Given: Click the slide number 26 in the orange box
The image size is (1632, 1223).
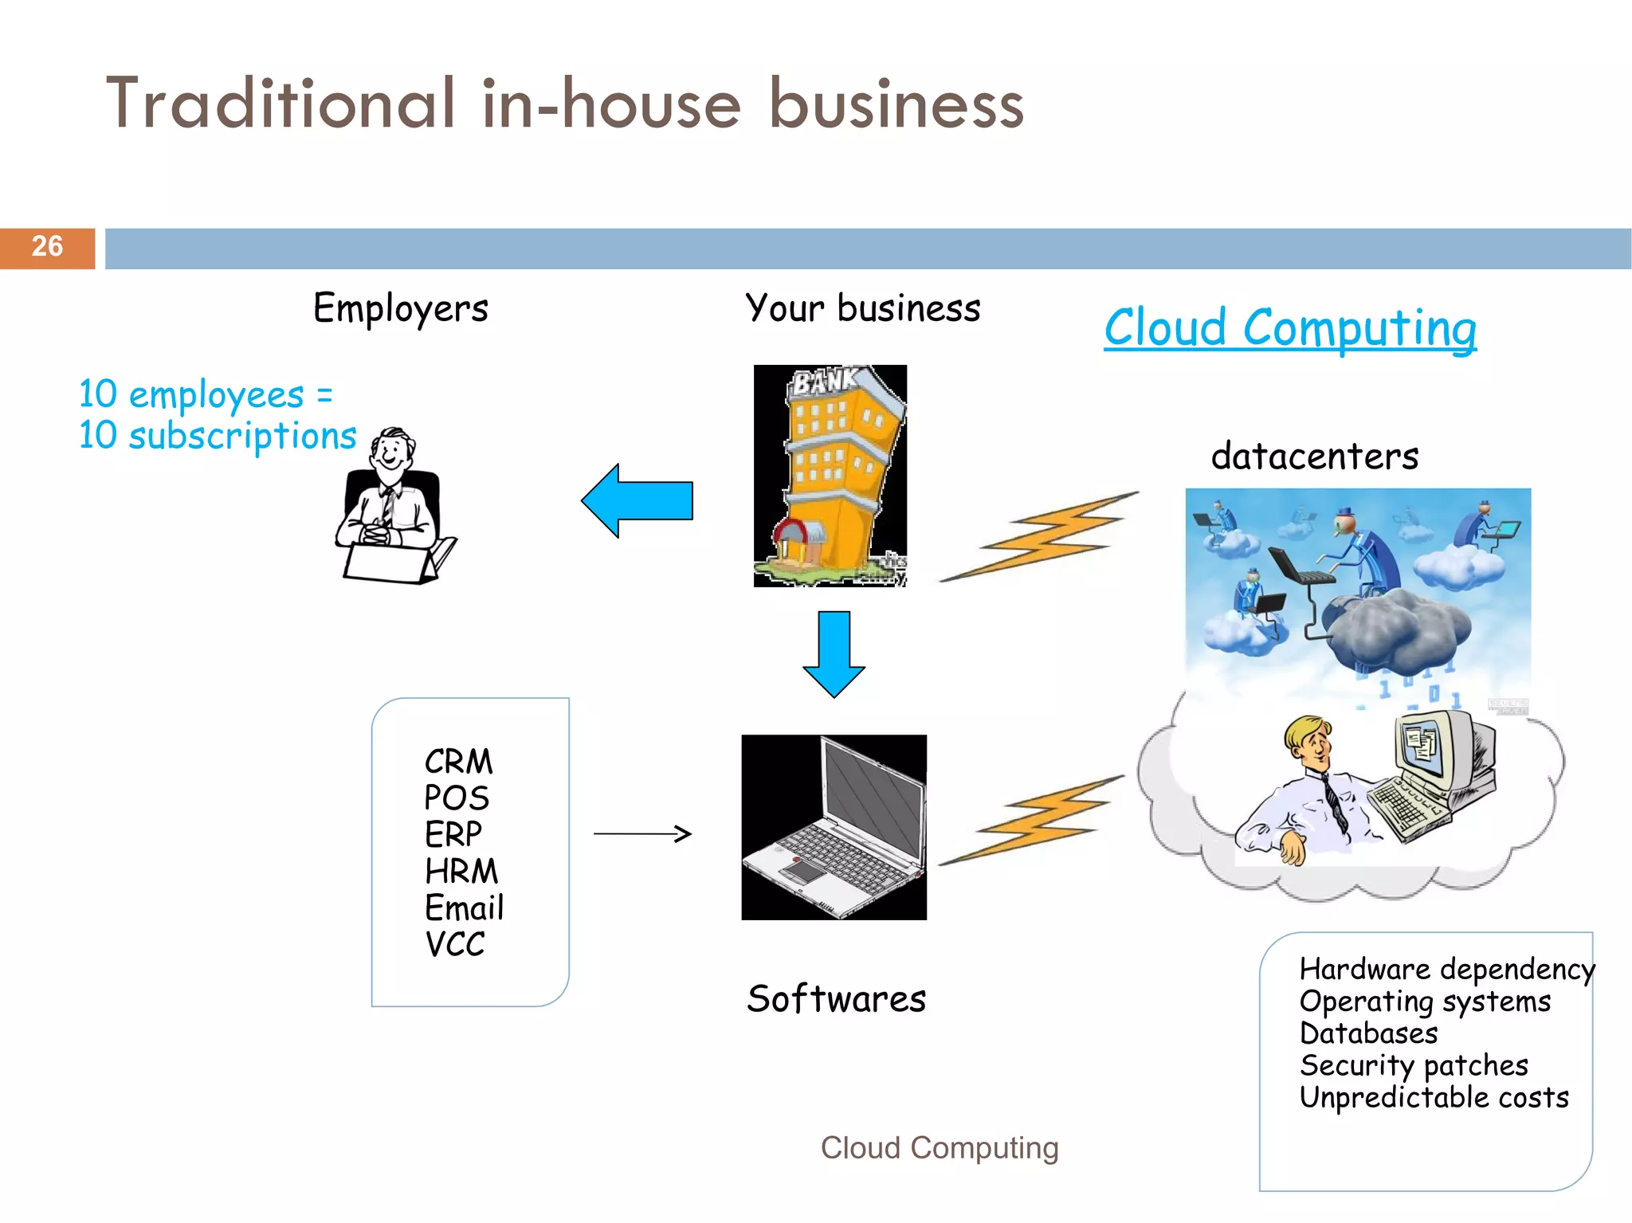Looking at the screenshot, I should click(x=47, y=246).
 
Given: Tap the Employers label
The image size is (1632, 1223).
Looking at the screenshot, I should click(x=400, y=308).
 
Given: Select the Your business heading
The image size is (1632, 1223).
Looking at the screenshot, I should click(x=862, y=308).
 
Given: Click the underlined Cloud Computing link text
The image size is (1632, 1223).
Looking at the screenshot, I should click(x=1289, y=327).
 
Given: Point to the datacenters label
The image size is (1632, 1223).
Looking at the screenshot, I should click(x=1315, y=457).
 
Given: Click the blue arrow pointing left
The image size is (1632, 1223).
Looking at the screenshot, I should click(x=637, y=501).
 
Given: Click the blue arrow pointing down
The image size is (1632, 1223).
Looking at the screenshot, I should click(x=834, y=653).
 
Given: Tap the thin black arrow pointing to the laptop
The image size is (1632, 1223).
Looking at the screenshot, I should click(x=642, y=833).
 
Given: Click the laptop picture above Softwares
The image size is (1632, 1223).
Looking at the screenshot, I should click(x=834, y=827).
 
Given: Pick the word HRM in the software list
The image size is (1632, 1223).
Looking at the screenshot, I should click(x=461, y=871).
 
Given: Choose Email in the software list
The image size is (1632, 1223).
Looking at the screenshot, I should click(x=464, y=907).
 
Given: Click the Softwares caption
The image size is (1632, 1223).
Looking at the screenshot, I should click(x=836, y=999).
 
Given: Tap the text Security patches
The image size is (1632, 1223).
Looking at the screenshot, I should click(x=1414, y=1065).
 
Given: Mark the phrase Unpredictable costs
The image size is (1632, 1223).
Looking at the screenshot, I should click(x=1434, y=1098).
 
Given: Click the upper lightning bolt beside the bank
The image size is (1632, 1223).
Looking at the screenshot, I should click(x=1040, y=536).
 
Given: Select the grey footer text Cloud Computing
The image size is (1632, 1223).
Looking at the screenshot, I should click(x=940, y=1148).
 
